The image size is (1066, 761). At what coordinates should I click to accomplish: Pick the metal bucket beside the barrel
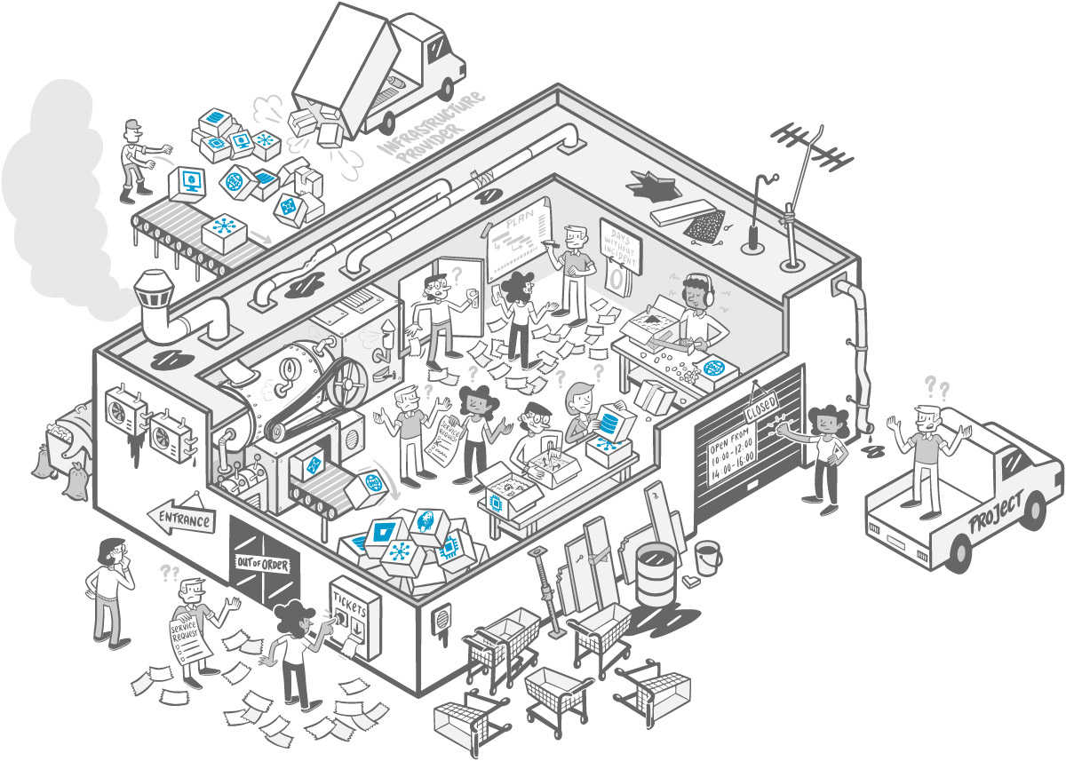pyautogui.click(x=708, y=557)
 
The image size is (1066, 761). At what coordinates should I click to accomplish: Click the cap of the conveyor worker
pyautogui.click(x=132, y=123)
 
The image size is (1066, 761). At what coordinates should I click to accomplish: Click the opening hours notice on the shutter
pyautogui.click(x=730, y=454)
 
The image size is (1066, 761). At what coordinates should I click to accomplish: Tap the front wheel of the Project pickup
pyautogui.click(x=959, y=553)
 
